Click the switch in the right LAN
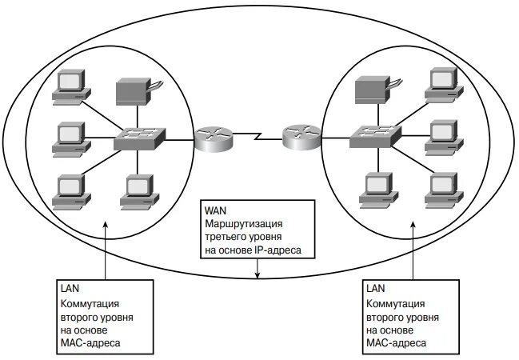374,136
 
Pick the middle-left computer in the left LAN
69,138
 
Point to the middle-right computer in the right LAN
444,134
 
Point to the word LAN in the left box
70,286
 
